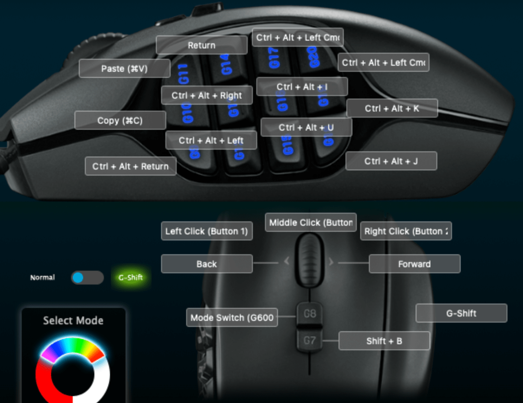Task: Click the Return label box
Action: click(x=201, y=45)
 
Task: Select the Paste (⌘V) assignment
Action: click(x=124, y=68)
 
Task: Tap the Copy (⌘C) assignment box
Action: click(x=120, y=120)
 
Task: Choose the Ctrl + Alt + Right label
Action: click(x=207, y=96)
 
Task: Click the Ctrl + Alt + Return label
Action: click(x=130, y=166)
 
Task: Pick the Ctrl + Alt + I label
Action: click(x=302, y=87)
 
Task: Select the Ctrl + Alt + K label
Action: click(x=392, y=108)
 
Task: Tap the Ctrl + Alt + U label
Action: click(x=306, y=127)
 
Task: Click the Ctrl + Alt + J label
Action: click(x=391, y=161)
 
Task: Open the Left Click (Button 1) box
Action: click(x=207, y=231)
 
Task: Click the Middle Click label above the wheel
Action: click(x=310, y=222)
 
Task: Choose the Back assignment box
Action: click(x=207, y=264)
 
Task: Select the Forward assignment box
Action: click(x=414, y=264)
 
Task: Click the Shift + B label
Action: click(x=384, y=341)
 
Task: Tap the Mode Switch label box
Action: click(x=232, y=317)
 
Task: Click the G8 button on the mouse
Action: click(x=310, y=313)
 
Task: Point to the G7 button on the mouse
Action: click(x=310, y=340)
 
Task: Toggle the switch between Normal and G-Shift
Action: click(x=87, y=278)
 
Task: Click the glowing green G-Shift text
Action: click(x=130, y=278)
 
